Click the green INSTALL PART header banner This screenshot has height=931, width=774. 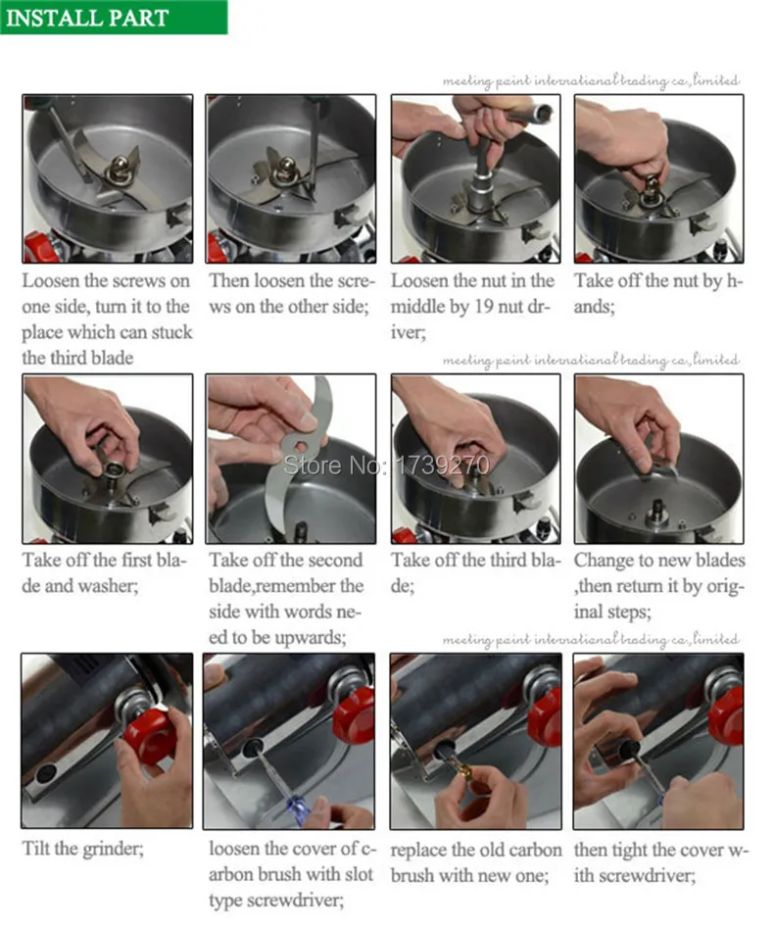point(114,17)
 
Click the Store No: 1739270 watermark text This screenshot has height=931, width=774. point(387,465)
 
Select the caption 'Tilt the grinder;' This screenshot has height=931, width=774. point(82,848)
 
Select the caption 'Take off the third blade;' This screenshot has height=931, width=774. point(475,572)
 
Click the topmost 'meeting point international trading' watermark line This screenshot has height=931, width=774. point(591,80)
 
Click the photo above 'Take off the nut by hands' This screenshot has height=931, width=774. point(658,178)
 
